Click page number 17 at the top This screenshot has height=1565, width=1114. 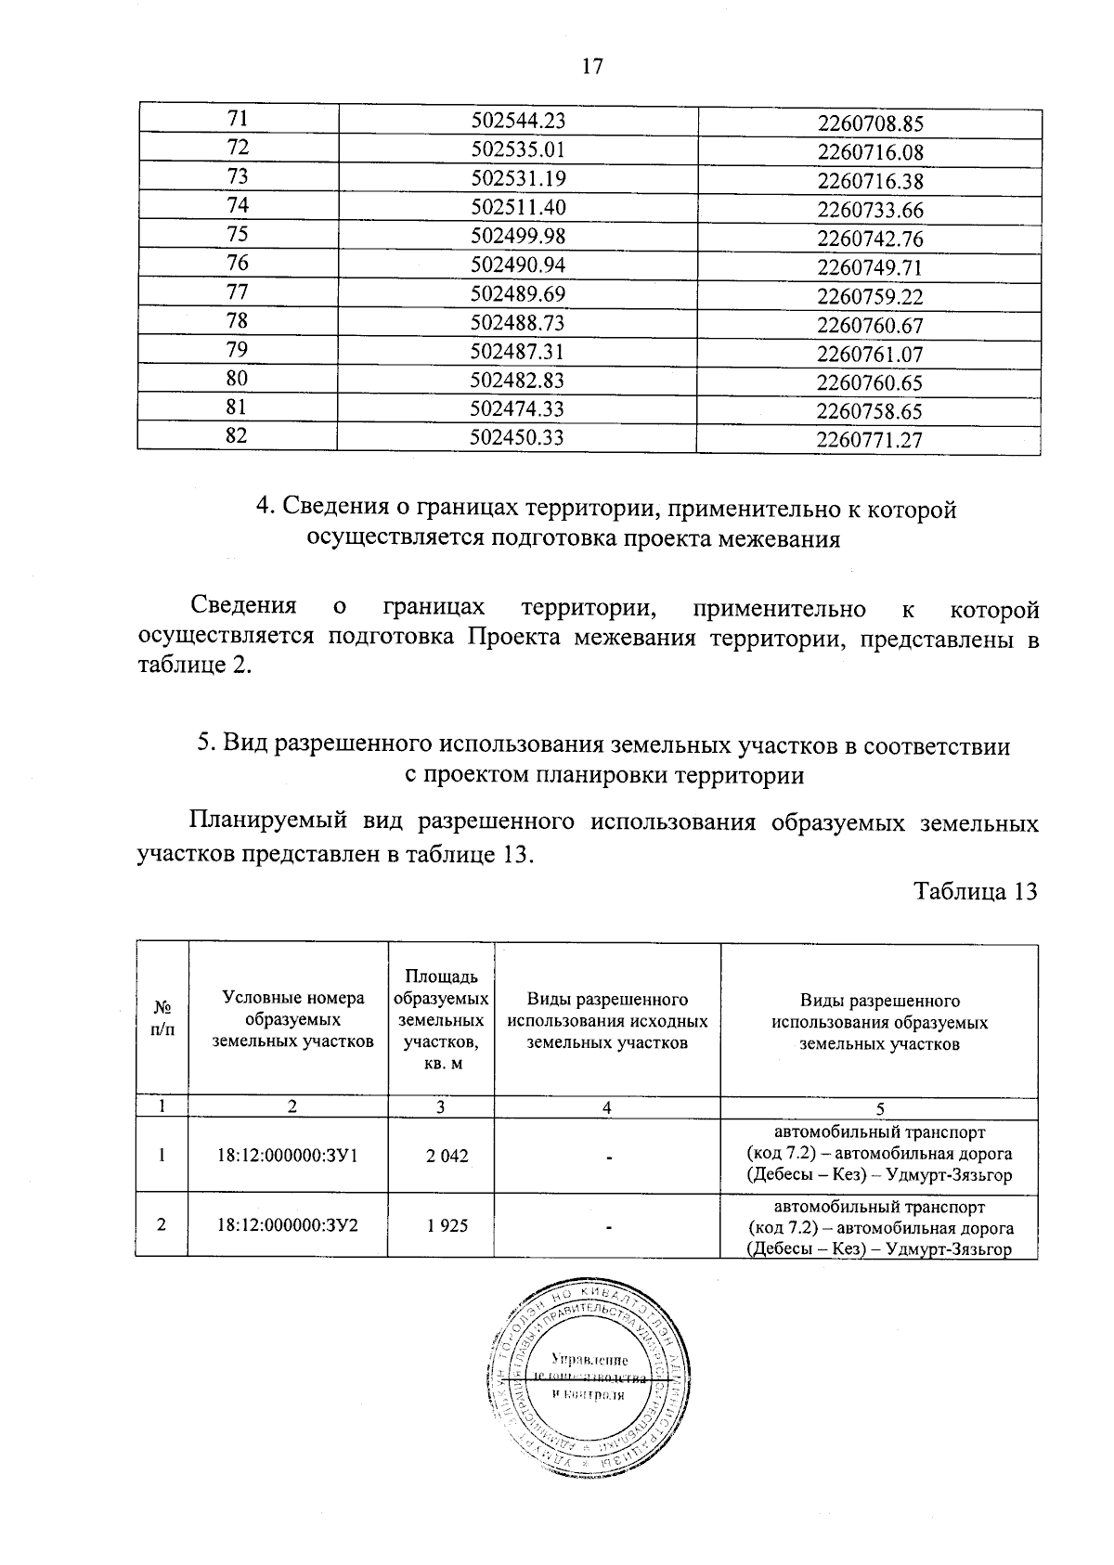pos(591,66)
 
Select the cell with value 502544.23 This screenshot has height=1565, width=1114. pos(518,121)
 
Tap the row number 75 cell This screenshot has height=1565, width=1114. pos(238,235)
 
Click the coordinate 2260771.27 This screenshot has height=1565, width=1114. pos(870,440)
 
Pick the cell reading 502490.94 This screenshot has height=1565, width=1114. pos(518,265)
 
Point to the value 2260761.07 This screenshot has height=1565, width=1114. pos(870,354)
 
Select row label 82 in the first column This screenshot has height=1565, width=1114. pos(238,434)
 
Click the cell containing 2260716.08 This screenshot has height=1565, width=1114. pos(870,152)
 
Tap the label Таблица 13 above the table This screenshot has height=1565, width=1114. pos(975,891)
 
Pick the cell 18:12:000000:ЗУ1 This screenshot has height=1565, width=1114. pos(288,1157)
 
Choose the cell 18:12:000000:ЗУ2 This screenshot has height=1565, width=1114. pos(288,1225)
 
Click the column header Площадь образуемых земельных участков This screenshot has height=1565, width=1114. pos(441,1019)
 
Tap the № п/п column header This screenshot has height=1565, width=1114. pos(162,1019)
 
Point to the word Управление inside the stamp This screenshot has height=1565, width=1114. pos(584,1359)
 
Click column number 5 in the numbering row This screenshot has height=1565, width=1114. pos(879,1107)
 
